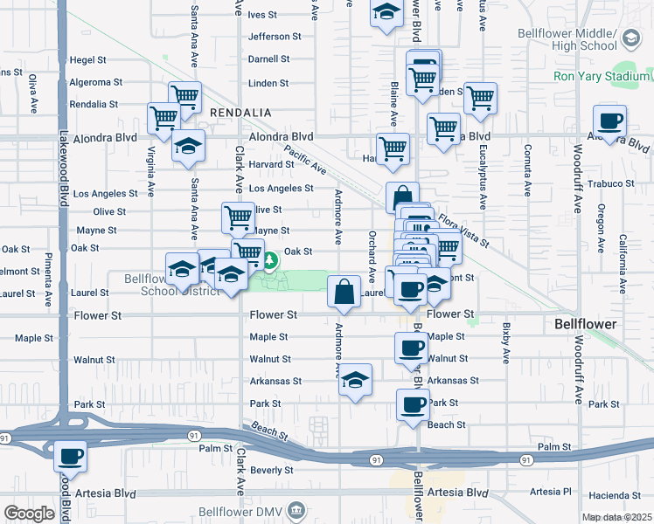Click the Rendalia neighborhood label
tap(240, 114)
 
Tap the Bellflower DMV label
tap(251, 510)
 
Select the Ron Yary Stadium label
tap(602, 76)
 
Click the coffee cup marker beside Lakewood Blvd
tap(71, 456)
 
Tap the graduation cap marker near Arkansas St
tap(355, 381)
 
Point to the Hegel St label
tap(87, 60)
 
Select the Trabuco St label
tap(611, 183)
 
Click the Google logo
tap(29, 514)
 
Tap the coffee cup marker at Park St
tap(414, 404)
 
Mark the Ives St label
tap(262, 15)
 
